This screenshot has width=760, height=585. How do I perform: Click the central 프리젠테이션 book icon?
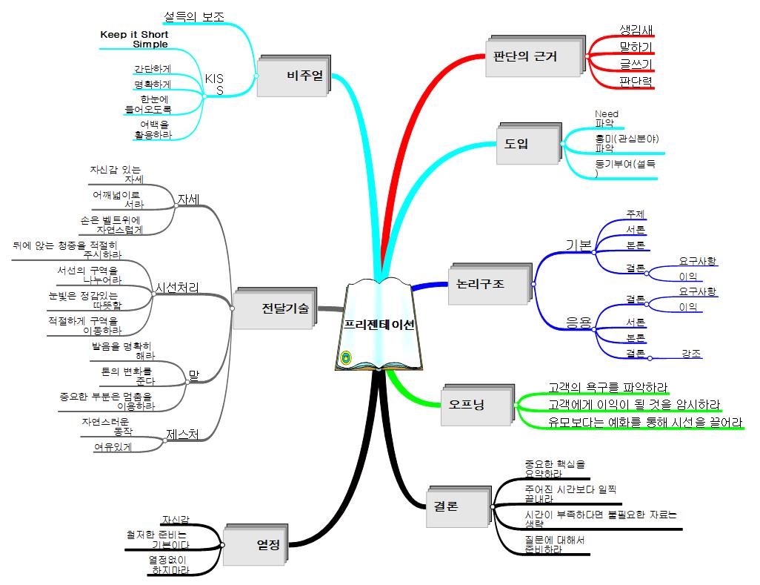(379, 325)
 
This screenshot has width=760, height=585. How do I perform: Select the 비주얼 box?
(293, 75)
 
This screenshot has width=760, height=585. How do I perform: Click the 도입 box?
(527, 142)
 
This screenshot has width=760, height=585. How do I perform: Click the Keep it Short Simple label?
(134, 39)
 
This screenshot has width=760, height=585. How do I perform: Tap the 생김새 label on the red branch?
(636, 30)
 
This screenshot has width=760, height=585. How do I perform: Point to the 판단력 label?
(636, 82)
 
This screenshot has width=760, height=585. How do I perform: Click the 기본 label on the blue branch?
(579, 245)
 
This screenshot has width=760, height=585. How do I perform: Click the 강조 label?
(692, 353)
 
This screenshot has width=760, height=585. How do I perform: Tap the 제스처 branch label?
(182, 434)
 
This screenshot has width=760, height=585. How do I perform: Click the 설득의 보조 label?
(194, 16)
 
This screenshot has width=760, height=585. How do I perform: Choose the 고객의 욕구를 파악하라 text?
(607, 387)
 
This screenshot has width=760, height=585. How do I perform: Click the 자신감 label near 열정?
(176, 520)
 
